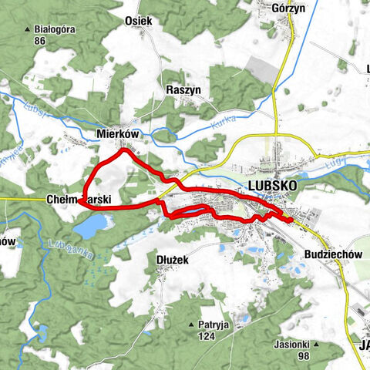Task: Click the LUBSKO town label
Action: point(272,187)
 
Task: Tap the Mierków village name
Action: point(117,133)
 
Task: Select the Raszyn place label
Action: point(183,90)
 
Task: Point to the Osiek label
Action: point(138,22)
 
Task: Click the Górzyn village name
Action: point(289,8)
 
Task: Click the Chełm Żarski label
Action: point(77,199)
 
